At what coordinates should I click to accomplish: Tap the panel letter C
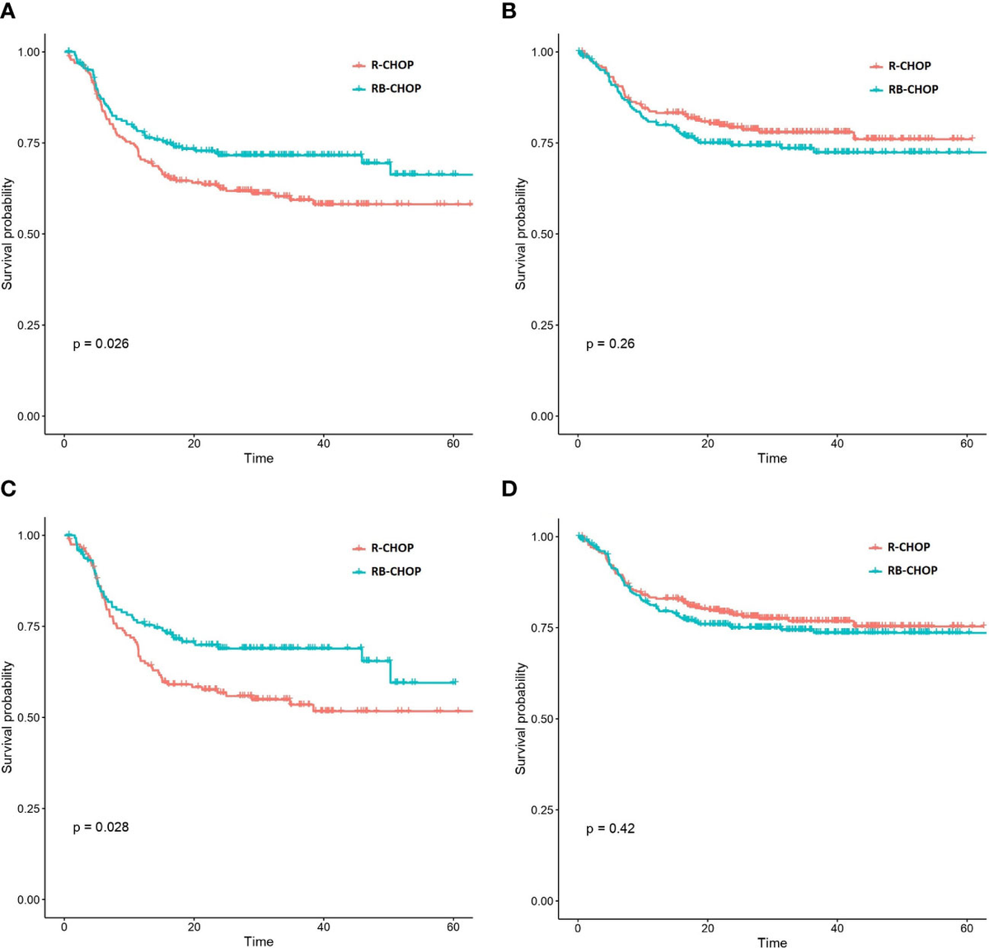pyautogui.click(x=8, y=489)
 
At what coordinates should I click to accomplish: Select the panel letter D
pyautogui.click(x=509, y=489)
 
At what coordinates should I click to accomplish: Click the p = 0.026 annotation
pyautogui.click(x=101, y=344)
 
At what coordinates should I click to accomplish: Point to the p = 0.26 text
pyautogui.click(x=610, y=344)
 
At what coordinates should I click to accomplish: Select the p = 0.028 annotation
pyautogui.click(x=101, y=827)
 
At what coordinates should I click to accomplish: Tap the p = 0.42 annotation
pyautogui.click(x=610, y=828)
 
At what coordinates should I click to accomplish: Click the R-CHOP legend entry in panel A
pyautogui.click(x=392, y=65)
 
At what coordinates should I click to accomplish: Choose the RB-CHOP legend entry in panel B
pyautogui.click(x=912, y=89)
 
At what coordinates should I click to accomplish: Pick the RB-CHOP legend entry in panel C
pyautogui.click(x=396, y=571)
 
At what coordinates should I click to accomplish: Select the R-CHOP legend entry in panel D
pyautogui.click(x=908, y=547)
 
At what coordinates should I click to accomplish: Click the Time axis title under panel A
pyautogui.click(x=258, y=458)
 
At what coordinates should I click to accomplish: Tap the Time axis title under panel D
pyautogui.click(x=772, y=942)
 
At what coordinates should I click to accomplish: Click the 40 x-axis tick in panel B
pyautogui.click(x=837, y=443)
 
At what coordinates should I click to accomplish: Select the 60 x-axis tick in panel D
pyautogui.click(x=967, y=928)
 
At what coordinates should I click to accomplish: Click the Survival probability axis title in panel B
pyautogui.click(x=520, y=234)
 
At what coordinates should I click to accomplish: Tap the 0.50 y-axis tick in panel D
pyautogui.click(x=542, y=719)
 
